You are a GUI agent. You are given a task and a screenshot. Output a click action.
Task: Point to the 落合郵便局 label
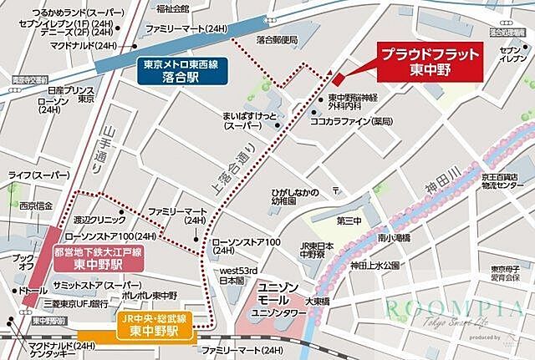pos(277,39)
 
